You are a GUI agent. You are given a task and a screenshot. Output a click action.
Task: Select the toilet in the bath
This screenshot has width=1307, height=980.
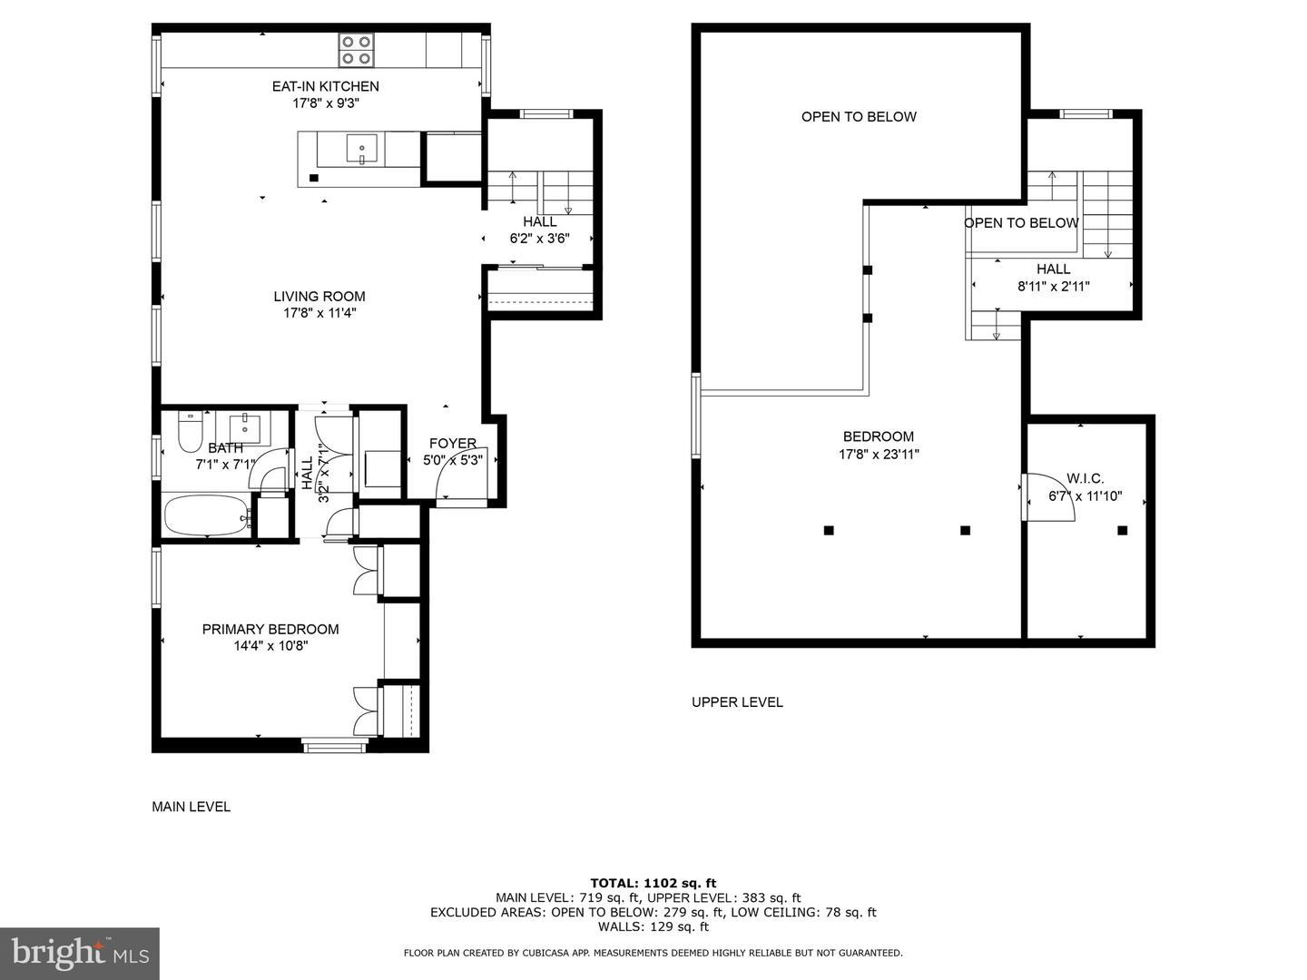coord(191,433)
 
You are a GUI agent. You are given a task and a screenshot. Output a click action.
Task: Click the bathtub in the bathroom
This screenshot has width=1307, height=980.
coord(206,516)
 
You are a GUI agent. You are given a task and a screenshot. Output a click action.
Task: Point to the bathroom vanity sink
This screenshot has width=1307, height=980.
coord(244,425)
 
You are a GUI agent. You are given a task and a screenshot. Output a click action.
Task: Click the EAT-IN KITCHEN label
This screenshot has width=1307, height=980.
coord(326,86)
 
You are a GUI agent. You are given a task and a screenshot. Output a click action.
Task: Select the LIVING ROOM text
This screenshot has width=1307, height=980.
coord(319,296)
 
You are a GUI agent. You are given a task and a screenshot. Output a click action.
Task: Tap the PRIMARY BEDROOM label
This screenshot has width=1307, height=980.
coord(270,629)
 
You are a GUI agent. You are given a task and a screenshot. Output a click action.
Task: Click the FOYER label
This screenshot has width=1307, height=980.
coord(452,443)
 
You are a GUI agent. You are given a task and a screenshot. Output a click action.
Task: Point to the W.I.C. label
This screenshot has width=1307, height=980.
coord(1086,478)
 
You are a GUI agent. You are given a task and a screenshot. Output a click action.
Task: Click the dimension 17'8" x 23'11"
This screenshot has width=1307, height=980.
coord(879,455)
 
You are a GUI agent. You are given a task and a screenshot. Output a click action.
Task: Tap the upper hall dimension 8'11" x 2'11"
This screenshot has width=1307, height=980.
coord(1053,286)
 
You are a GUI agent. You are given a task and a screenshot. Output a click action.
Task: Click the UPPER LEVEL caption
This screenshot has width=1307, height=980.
coord(737,701)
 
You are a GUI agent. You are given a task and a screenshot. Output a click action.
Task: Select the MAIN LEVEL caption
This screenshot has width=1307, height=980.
coord(191,806)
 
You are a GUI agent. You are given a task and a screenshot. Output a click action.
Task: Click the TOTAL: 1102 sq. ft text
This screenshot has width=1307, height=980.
coord(653,882)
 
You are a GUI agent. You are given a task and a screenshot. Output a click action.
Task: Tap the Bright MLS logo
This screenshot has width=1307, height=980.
coord(80,953)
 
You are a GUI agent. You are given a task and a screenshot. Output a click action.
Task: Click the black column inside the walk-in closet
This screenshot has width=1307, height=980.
coord(1123,530)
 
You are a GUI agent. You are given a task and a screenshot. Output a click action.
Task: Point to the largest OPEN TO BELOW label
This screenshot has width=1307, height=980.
coord(859,116)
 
